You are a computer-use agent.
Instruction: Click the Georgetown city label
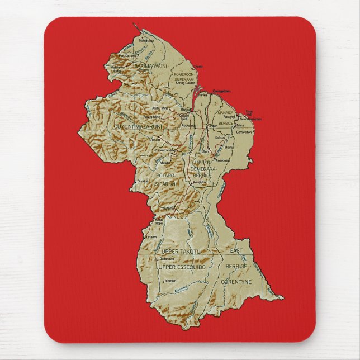tap(222, 91)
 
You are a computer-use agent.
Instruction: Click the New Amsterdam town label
tap(250, 119)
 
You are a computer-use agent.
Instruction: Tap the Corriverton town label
tap(244, 132)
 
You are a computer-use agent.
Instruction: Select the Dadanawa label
tap(167, 259)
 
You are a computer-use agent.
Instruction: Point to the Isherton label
tap(170, 280)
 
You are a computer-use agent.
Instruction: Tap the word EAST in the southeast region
tap(236, 251)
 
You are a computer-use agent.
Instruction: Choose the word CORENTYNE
tap(237, 283)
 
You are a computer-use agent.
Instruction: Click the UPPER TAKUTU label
tap(178, 252)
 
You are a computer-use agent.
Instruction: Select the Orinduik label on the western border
tap(144, 181)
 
